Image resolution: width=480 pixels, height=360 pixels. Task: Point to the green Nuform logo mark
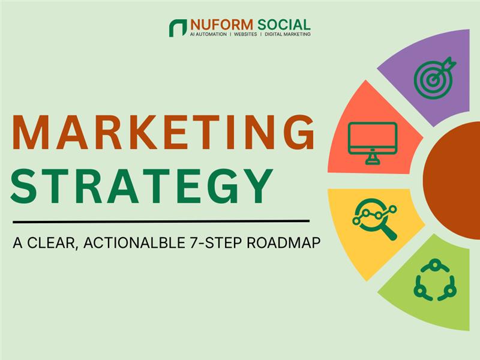178,28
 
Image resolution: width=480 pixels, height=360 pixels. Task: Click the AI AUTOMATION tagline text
208,35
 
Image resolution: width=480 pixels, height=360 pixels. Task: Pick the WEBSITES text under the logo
245,35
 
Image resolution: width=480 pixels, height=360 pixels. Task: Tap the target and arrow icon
434,77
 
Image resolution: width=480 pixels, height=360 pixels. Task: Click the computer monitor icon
372,142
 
